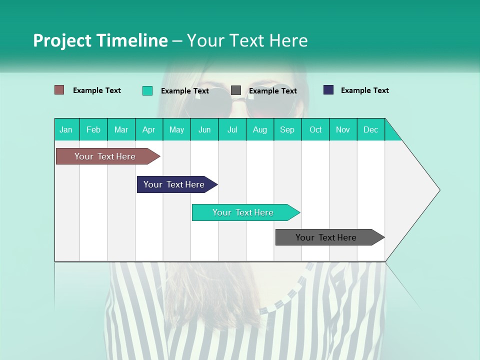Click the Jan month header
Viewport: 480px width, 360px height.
[x=66, y=129]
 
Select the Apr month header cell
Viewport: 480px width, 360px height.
[x=148, y=129]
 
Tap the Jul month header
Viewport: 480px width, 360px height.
[x=232, y=129]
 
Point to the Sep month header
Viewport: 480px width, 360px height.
[x=287, y=129]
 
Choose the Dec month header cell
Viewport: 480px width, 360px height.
[x=370, y=129]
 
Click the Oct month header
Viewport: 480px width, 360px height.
[x=315, y=129]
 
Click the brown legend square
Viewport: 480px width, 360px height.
[x=59, y=90]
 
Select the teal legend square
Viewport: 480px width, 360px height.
[x=147, y=90]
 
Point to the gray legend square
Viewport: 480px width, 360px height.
[x=236, y=90]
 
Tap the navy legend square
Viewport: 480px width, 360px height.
[x=328, y=90]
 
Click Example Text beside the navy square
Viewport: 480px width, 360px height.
[x=364, y=90]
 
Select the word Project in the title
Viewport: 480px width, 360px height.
[x=61, y=40]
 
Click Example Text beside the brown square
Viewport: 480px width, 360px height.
[x=96, y=90]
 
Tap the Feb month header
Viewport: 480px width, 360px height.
[x=93, y=129]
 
